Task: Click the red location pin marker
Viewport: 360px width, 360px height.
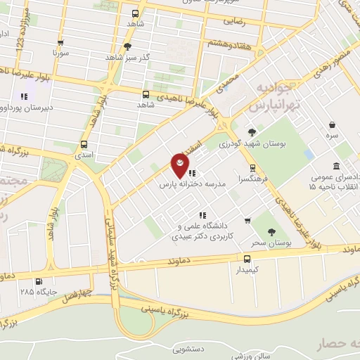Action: click(180, 166)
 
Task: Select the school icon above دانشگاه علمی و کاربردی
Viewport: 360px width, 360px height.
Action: click(202, 215)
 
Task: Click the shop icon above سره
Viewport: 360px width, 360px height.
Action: click(331, 124)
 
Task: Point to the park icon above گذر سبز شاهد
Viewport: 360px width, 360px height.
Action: click(127, 47)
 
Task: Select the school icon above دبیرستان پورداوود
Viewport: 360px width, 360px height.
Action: click(24, 97)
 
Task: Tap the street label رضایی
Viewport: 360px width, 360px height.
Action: click(238, 21)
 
